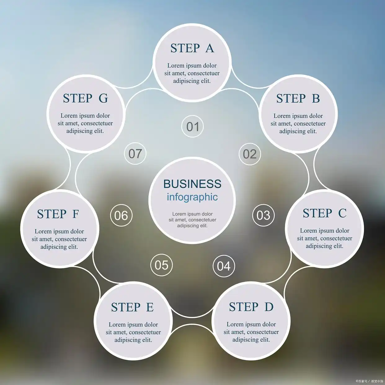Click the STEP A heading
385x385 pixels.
click(x=192, y=48)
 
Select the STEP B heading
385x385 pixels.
click(x=298, y=99)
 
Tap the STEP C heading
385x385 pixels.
click(x=324, y=213)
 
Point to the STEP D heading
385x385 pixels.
click(x=251, y=307)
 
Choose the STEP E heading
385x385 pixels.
click(x=132, y=307)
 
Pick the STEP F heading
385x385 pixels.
click(x=58, y=214)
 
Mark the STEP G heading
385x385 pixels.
click(x=85, y=98)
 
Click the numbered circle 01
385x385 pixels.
click(x=192, y=126)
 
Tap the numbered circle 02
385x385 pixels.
click(x=250, y=154)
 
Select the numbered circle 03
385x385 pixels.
click(x=263, y=215)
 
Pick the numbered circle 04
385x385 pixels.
click(x=224, y=266)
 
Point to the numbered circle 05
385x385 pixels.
click(x=162, y=265)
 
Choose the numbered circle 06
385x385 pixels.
click(x=121, y=215)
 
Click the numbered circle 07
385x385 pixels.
click(x=135, y=153)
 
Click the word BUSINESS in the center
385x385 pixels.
click(x=192, y=184)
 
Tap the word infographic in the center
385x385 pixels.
click(x=192, y=197)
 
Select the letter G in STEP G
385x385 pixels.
click(x=103, y=98)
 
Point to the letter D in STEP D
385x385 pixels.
click(x=269, y=307)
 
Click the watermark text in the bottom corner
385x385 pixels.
click(x=369, y=381)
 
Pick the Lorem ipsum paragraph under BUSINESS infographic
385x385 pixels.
click(x=192, y=220)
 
